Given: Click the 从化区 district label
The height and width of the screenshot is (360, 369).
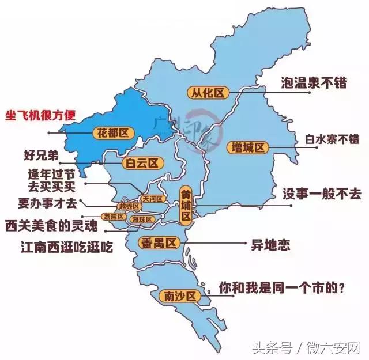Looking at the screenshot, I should coord(208,92).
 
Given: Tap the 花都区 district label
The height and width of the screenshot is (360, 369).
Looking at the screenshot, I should coord(113,134).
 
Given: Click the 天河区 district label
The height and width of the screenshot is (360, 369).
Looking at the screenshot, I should coord(153,198).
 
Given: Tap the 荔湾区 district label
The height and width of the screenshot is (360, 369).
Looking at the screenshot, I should coord(113,217).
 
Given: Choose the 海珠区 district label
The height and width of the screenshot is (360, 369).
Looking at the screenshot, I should coord(142,219).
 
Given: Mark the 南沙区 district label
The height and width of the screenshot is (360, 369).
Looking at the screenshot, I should coord(178,296).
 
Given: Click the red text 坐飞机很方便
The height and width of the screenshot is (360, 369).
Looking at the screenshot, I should coord(40,114).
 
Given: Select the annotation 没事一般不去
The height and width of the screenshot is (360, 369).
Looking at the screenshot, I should coord(322,194).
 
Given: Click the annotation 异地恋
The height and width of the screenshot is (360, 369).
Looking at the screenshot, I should coord(270,244).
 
